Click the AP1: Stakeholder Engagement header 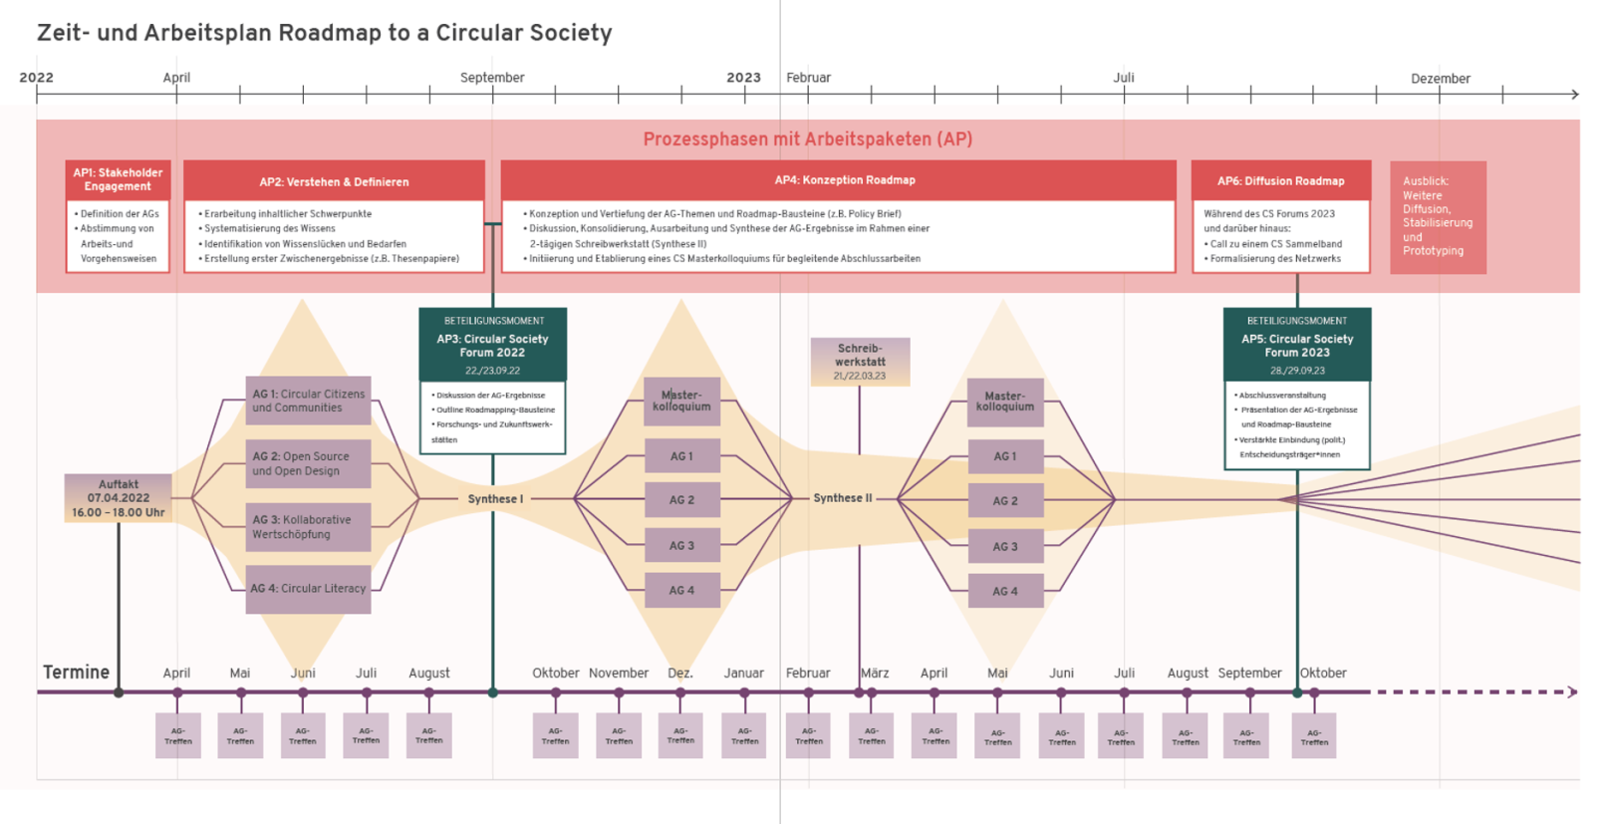click(118, 180)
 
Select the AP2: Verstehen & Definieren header click(334, 181)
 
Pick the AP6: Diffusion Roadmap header click(1280, 181)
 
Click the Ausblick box click(1438, 217)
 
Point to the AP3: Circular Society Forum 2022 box click(492, 345)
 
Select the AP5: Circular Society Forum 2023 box click(1296, 345)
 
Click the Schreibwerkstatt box click(860, 362)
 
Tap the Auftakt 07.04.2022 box click(119, 498)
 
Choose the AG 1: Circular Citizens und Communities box click(309, 401)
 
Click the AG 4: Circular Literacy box click(309, 589)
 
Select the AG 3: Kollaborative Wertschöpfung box click(309, 527)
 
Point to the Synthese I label click(495, 499)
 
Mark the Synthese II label click(842, 498)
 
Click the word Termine click(76, 673)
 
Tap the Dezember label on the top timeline click(1440, 79)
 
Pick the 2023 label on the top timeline click(743, 78)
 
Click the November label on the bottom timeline click(618, 674)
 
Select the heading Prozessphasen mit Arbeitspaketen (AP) click(807, 139)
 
